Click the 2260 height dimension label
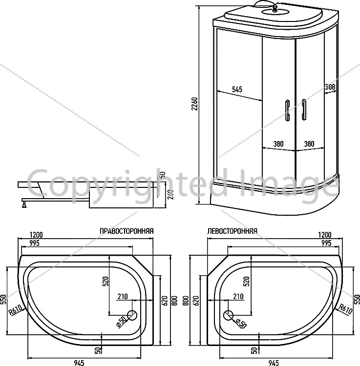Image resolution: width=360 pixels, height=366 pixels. pyautogui.click(x=194, y=103)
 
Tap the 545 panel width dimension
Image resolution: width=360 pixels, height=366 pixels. pyautogui.click(x=237, y=89)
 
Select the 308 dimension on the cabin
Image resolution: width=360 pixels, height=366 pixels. pyautogui.click(x=330, y=87)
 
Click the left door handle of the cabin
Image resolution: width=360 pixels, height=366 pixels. pyautogui.click(x=287, y=110)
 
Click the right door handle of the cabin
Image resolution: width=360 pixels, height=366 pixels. pyautogui.click(x=304, y=110)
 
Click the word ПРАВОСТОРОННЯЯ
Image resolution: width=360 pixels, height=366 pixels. pyautogui.click(x=127, y=231)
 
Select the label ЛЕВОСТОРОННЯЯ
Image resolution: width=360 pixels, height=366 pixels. pyautogui.click(x=232, y=231)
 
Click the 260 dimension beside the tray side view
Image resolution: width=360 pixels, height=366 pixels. pyautogui.click(x=171, y=194)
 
